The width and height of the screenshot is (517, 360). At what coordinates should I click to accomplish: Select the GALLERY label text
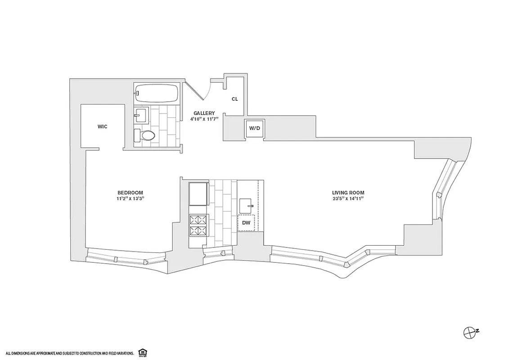(204, 113)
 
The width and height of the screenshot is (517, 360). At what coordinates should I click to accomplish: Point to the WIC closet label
(103, 127)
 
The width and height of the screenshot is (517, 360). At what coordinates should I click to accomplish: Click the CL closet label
(234, 99)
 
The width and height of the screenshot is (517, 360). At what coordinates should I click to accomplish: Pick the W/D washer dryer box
(255, 128)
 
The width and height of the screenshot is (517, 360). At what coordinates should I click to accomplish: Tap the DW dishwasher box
(246, 223)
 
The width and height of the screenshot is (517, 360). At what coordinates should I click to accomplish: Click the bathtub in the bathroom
(157, 94)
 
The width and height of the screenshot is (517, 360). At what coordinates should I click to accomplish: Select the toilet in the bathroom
(146, 135)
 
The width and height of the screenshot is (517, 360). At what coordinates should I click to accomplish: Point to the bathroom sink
(142, 116)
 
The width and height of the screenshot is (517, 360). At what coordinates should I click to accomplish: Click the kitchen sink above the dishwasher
(247, 206)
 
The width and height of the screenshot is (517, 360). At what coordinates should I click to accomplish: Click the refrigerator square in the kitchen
(198, 193)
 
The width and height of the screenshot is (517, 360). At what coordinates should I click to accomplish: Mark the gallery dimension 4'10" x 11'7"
(204, 119)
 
